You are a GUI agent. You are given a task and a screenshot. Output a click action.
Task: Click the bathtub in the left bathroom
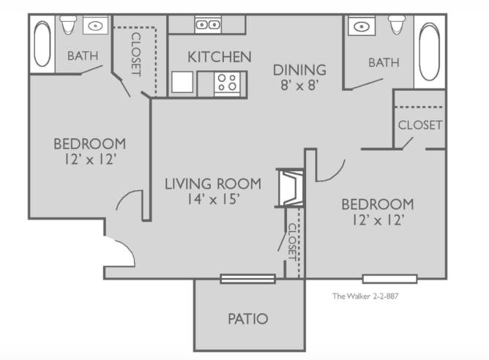tap(42, 44)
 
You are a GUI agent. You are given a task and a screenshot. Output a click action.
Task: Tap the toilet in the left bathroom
tap(69, 25)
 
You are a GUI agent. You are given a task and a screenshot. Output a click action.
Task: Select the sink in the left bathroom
tap(95, 26)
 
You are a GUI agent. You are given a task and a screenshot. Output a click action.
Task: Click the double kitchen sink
tap(208, 24)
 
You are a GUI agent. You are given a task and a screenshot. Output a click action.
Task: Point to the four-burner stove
tap(227, 83)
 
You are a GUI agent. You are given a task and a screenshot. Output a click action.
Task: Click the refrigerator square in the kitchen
tap(182, 82)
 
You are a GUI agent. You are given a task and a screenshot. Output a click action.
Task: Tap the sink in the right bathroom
tap(362, 26)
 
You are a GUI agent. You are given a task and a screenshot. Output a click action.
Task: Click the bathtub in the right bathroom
tap(430, 51)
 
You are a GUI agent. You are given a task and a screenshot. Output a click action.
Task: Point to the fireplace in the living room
tap(291, 187)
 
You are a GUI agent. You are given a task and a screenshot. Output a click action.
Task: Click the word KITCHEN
tap(220, 57)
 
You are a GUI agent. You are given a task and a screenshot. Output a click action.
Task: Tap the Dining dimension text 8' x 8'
tap(299, 85)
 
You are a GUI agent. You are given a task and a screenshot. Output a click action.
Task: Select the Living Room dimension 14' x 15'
tap(213, 199)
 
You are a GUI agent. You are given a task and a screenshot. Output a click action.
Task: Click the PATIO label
tap(248, 319)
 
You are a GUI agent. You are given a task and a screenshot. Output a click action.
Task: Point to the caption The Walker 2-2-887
tap(365, 296)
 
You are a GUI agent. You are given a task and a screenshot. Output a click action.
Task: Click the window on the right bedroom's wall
tap(390, 279)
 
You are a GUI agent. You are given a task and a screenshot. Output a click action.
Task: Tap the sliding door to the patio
tap(248, 279)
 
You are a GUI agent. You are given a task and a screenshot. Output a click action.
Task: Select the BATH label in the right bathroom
tap(384, 63)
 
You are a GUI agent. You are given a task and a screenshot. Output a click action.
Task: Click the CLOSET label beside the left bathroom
tap(136, 54)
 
